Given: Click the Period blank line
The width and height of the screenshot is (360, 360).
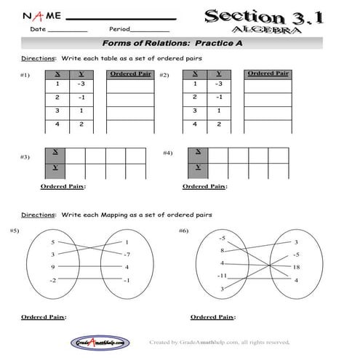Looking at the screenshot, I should point(151,31).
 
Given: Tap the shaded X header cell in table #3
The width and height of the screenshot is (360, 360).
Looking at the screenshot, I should point(55,155).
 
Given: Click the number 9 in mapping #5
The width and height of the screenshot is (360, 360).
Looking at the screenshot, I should point(52,266).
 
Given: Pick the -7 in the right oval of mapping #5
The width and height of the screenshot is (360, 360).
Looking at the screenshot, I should point(127,255).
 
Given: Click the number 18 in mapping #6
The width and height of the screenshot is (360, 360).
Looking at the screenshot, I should point(295,267).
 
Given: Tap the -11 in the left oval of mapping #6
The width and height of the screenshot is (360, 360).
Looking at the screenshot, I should point(223,276).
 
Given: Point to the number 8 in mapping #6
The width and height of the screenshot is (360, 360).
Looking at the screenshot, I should point(222,250).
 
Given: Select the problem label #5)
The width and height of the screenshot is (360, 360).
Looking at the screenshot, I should point(15,231).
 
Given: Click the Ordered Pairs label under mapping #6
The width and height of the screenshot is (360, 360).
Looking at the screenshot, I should point(212,317).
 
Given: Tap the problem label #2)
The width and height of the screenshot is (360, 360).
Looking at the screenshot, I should point(164,75).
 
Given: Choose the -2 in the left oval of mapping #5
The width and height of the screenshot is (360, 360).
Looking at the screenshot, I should point(52,279).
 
